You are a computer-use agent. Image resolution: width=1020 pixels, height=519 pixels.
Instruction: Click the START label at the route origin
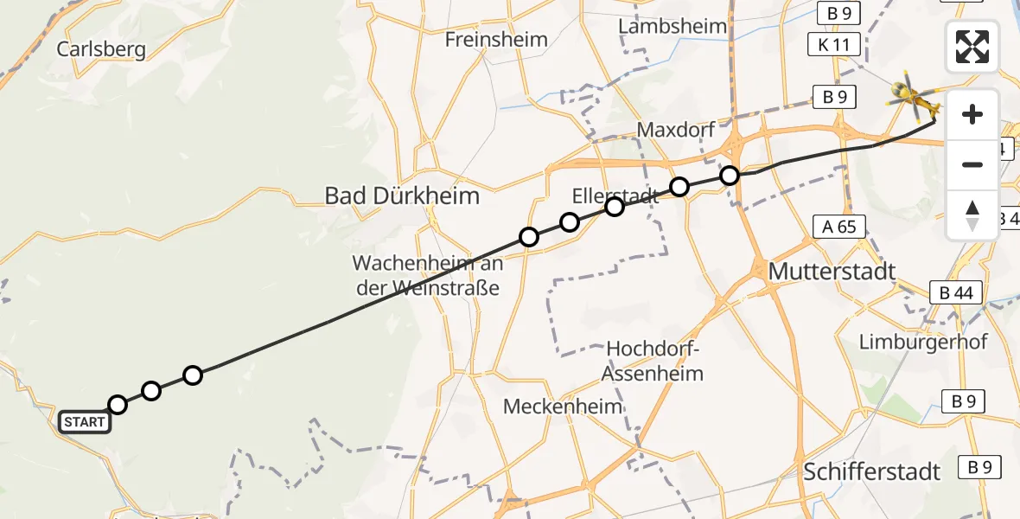85,422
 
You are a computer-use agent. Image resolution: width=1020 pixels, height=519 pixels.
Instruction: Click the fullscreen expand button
972,47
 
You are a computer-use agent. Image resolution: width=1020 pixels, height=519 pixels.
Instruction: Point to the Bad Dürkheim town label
401,195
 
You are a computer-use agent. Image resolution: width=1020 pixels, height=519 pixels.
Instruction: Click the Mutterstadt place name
831,271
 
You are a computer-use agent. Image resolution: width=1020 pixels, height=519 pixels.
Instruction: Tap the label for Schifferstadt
871,471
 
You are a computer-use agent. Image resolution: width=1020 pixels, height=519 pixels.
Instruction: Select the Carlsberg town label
101,48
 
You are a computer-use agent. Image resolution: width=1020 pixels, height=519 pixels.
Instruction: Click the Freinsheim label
496,39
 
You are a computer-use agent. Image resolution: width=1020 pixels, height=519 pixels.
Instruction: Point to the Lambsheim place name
673,26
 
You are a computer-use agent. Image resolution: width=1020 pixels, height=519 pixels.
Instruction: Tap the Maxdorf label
675,130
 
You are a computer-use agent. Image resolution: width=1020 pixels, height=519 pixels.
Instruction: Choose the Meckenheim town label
563,406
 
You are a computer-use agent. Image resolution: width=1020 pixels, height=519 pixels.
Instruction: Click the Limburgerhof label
923,341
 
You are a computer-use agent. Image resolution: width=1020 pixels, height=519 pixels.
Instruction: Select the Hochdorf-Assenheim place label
654,361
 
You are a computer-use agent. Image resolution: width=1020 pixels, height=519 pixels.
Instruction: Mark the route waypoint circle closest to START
118,405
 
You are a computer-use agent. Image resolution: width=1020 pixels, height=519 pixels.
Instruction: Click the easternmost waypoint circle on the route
730,176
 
